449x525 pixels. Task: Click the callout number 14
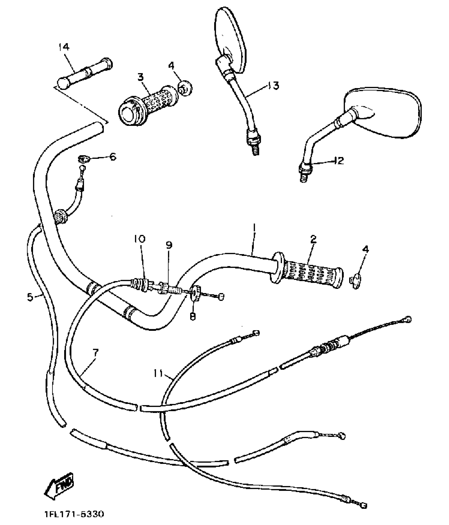pyautogui.click(x=64, y=47)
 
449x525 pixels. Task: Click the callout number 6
pyautogui.click(x=113, y=157)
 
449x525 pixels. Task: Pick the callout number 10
pyautogui.click(x=140, y=239)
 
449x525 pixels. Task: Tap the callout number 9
pyautogui.click(x=169, y=245)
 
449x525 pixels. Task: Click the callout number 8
pyautogui.click(x=193, y=316)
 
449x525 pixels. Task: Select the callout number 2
pyautogui.click(x=313, y=239)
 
